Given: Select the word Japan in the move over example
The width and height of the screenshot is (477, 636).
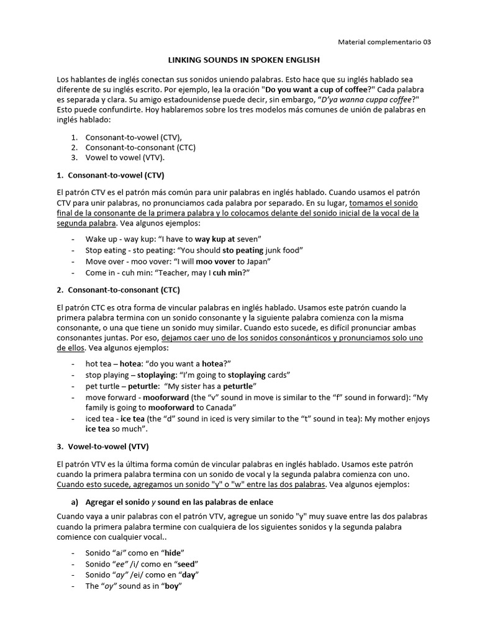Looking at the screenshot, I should click(x=258, y=261).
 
